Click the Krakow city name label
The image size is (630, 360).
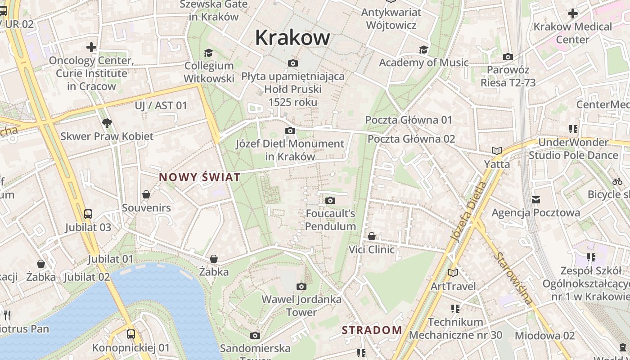pyautogui.click(x=292, y=38)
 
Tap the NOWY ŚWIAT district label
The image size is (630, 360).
pyautogui.click(x=199, y=177)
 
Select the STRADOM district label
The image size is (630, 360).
pyautogui.click(x=372, y=330)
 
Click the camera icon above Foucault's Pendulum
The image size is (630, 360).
pyautogui.click(x=330, y=200)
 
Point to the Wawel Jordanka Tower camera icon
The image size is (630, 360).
pyautogui.click(x=301, y=286)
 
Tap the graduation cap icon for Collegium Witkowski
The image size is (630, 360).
pyautogui.click(x=208, y=53)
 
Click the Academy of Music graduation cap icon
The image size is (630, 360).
pyautogui.click(x=423, y=49)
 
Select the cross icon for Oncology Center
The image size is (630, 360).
pyautogui.click(x=91, y=47)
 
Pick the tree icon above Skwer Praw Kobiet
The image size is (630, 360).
pyautogui.click(x=107, y=123)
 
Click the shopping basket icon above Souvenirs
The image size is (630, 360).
pyautogui.click(x=146, y=194)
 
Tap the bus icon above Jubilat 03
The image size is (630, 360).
pyautogui.click(x=88, y=214)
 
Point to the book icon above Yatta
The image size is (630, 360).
pyautogui.click(x=497, y=151)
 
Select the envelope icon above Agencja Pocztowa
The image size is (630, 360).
pyautogui.click(x=535, y=199)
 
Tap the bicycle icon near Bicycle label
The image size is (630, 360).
pyautogui.click(x=617, y=181)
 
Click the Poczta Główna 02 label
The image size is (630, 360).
pyautogui.click(x=411, y=139)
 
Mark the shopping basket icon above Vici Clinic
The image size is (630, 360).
pyautogui.click(x=372, y=236)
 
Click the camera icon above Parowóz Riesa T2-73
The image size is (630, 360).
pyautogui.click(x=508, y=57)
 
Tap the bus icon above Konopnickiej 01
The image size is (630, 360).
pyautogui.click(x=131, y=334)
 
